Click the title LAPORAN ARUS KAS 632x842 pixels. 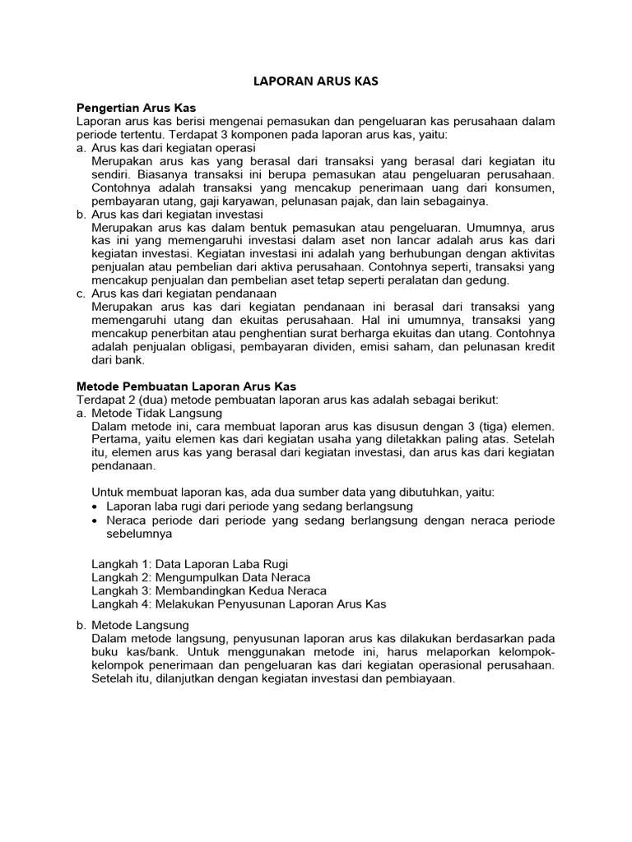[316, 82]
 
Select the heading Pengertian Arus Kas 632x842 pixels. [136, 108]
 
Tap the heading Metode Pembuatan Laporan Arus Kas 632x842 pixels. [186, 386]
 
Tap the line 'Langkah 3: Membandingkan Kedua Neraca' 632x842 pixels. [209, 590]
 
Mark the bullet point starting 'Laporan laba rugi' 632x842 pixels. [260, 506]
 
